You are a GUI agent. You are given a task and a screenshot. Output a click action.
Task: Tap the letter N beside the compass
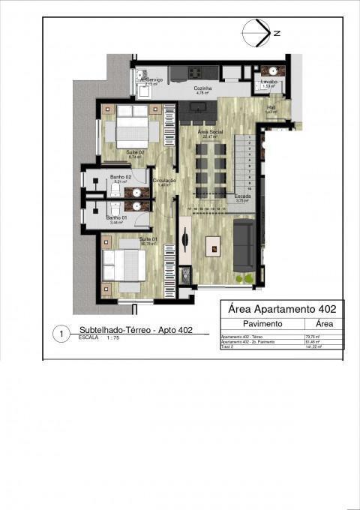point(277,34)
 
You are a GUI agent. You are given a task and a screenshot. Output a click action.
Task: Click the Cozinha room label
point(203,88)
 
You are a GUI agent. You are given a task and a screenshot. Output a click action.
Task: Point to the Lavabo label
point(269,81)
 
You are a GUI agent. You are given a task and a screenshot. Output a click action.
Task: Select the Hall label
point(271,107)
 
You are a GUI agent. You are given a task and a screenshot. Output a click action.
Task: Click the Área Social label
point(208,132)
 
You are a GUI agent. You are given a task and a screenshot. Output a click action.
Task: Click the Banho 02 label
point(121,177)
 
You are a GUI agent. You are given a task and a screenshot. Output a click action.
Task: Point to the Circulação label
point(164,181)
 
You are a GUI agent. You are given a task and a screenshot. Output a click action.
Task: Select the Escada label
point(242,196)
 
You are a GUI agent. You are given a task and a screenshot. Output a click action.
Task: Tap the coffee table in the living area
point(214,244)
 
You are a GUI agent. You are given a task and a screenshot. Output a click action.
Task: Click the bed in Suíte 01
point(124,266)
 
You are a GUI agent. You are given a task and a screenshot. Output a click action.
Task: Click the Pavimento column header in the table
point(262,324)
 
